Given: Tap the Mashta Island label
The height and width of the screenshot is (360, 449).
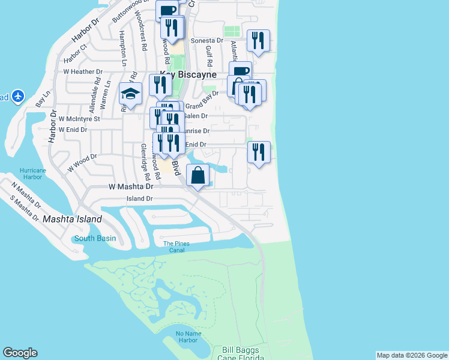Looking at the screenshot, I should pos(72,220).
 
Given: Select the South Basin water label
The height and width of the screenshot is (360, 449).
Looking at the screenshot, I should pos(95,238).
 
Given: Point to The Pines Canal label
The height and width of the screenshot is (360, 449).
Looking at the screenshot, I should pos(176,247).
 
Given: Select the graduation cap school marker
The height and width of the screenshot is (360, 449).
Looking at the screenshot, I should pos(130,93).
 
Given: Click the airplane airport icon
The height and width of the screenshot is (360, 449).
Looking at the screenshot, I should pos(17,96).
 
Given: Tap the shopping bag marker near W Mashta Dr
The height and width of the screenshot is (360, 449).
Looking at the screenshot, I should pos(198,175).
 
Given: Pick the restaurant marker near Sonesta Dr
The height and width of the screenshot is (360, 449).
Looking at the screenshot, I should pos(258,41).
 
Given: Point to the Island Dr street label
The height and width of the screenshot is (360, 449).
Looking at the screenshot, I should pos(139,198).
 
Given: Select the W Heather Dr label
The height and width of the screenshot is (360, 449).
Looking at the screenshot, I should pos(83,71).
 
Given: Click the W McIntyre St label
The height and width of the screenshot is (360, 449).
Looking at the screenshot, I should pos(79,119).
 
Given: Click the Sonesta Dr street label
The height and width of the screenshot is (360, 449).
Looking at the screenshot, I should pos(206,41).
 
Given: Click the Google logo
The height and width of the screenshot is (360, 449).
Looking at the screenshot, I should pos(20,353).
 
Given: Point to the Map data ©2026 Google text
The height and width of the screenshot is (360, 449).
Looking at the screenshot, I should pos(412,355).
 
